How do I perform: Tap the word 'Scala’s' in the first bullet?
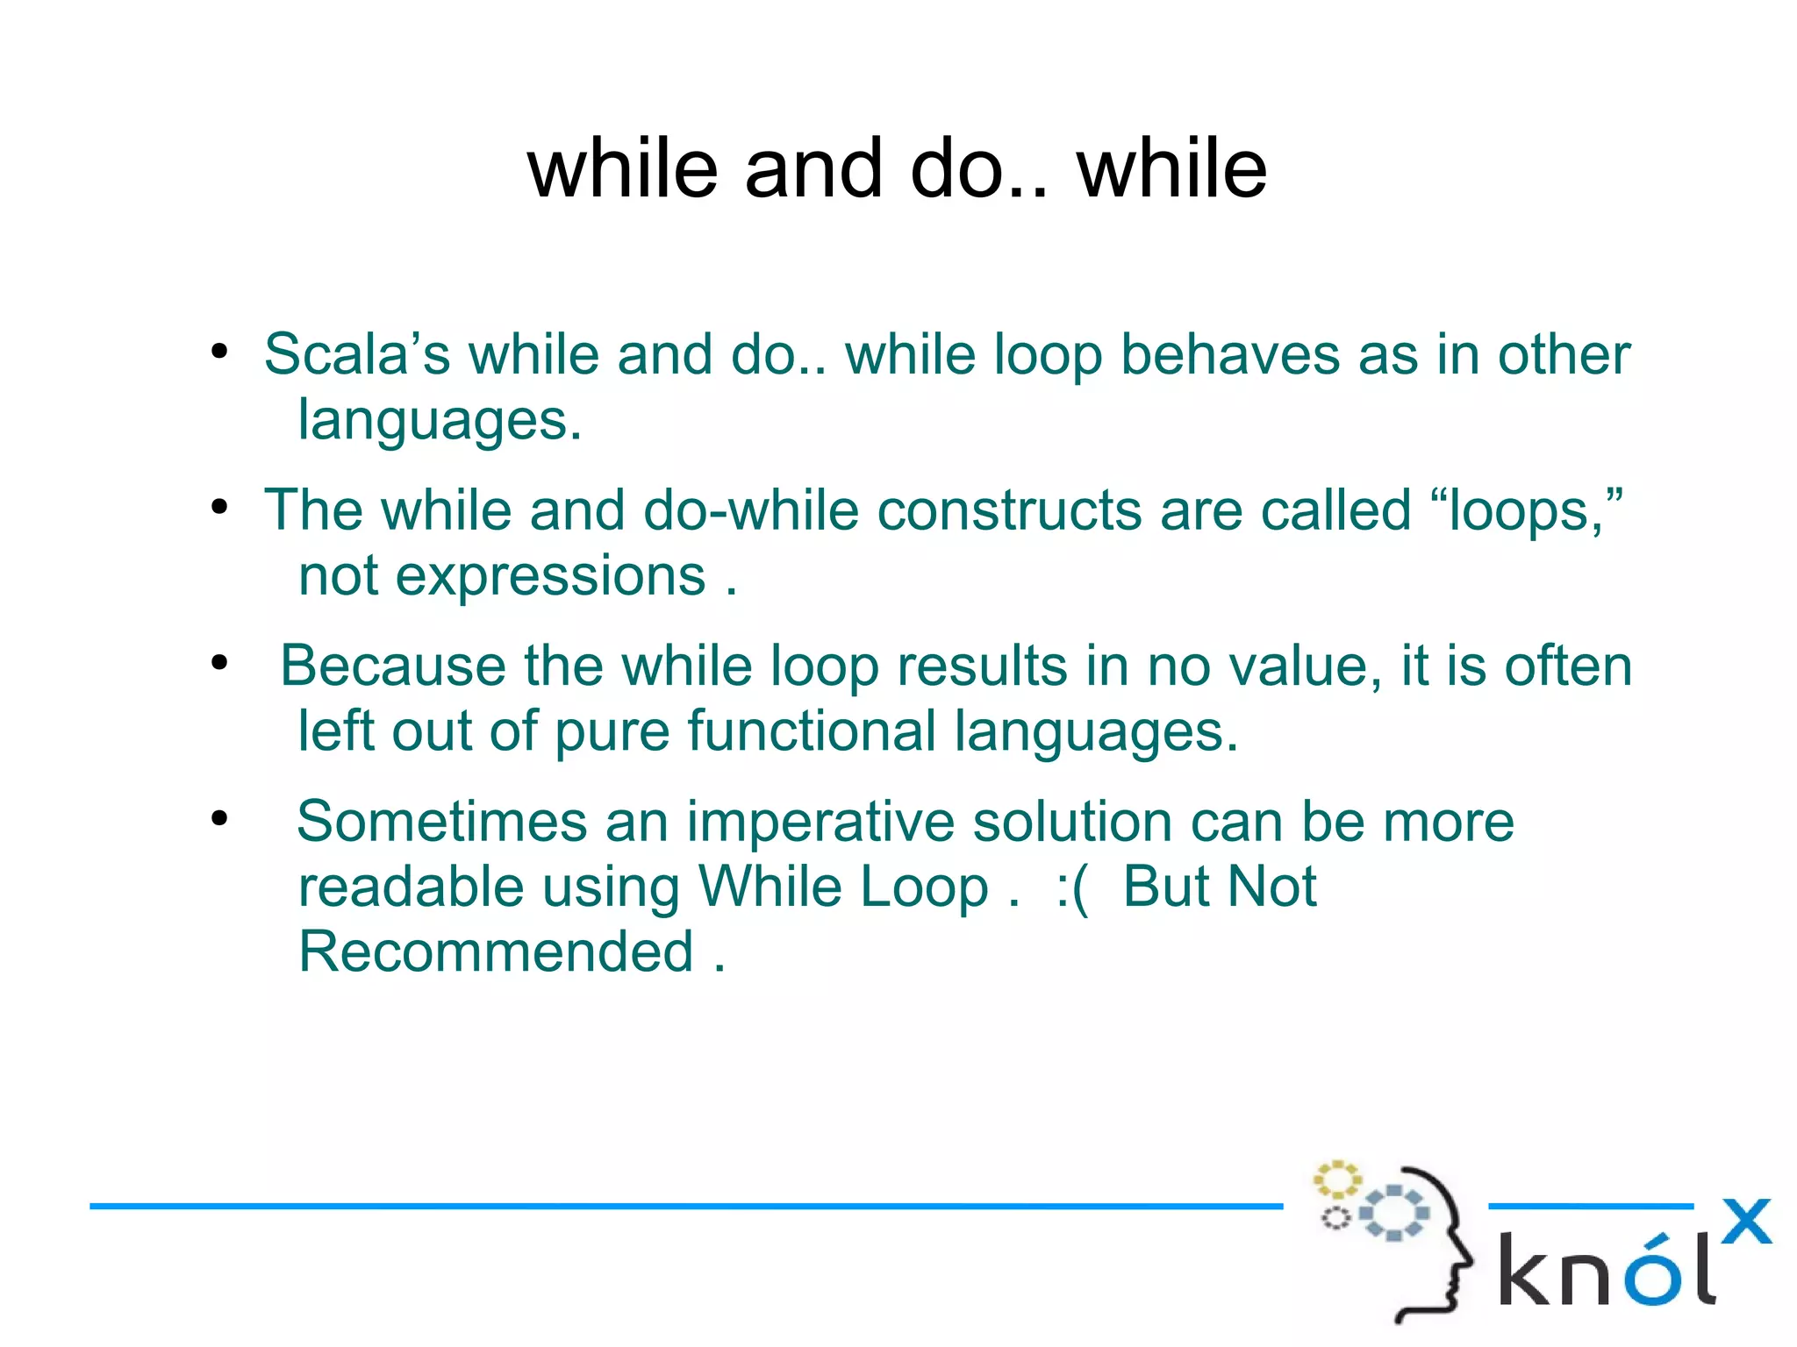point(356,355)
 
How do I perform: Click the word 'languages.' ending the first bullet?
point(440,420)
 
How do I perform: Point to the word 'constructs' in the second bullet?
point(1009,510)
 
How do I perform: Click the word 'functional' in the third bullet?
point(812,731)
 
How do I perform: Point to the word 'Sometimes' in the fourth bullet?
point(441,822)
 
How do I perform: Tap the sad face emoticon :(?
point(1072,888)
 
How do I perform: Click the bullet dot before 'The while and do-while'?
point(219,508)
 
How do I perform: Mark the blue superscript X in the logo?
point(1745,1222)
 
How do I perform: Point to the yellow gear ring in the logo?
point(1336,1180)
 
